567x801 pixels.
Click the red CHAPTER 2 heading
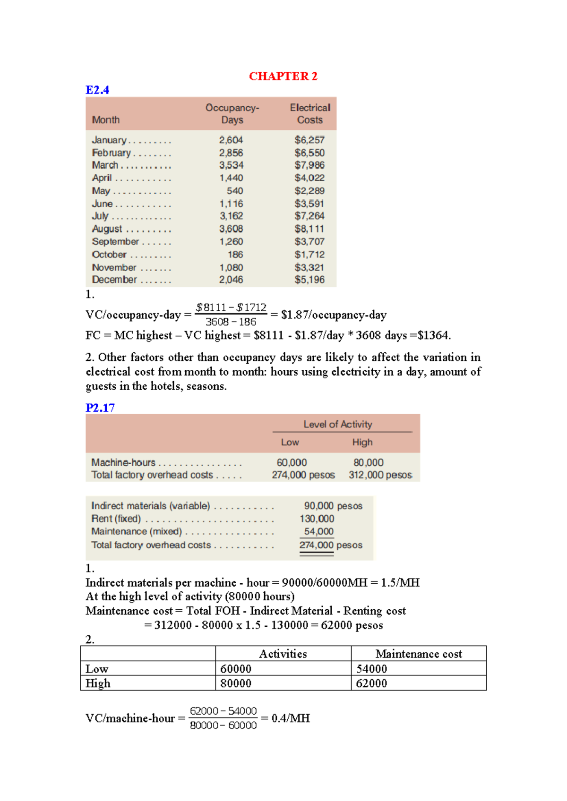click(283, 76)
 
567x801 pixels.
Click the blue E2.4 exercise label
click(97, 90)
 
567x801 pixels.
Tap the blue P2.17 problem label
click(100, 408)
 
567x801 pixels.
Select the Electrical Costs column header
click(310, 114)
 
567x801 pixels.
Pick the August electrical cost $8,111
click(309, 229)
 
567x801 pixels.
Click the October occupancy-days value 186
click(235, 255)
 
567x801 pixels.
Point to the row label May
click(101, 191)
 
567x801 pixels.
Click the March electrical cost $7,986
click(309, 165)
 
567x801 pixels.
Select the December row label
click(114, 280)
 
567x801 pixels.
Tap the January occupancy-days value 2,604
click(231, 140)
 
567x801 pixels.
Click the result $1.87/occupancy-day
click(334, 315)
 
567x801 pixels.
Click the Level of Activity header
click(338, 424)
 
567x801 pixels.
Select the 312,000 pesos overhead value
click(380, 475)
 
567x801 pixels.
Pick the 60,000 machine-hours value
click(292, 463)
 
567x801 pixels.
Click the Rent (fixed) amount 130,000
click(317, 519)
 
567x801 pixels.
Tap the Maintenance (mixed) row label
click(137, 532)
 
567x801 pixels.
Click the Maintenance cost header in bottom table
click(419, 654)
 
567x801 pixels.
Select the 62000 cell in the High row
click(371, 683)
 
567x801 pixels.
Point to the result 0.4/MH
click(291, 718)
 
